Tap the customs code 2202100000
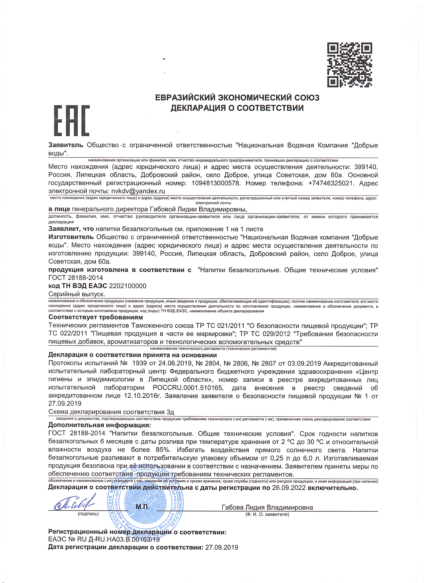click(x=128, y=286)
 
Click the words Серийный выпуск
click(x=77, y=294)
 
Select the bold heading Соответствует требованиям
click(x=96, y=317)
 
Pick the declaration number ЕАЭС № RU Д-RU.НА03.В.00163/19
click(x=104, y=539)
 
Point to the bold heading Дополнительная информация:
click(x=100, y=425)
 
